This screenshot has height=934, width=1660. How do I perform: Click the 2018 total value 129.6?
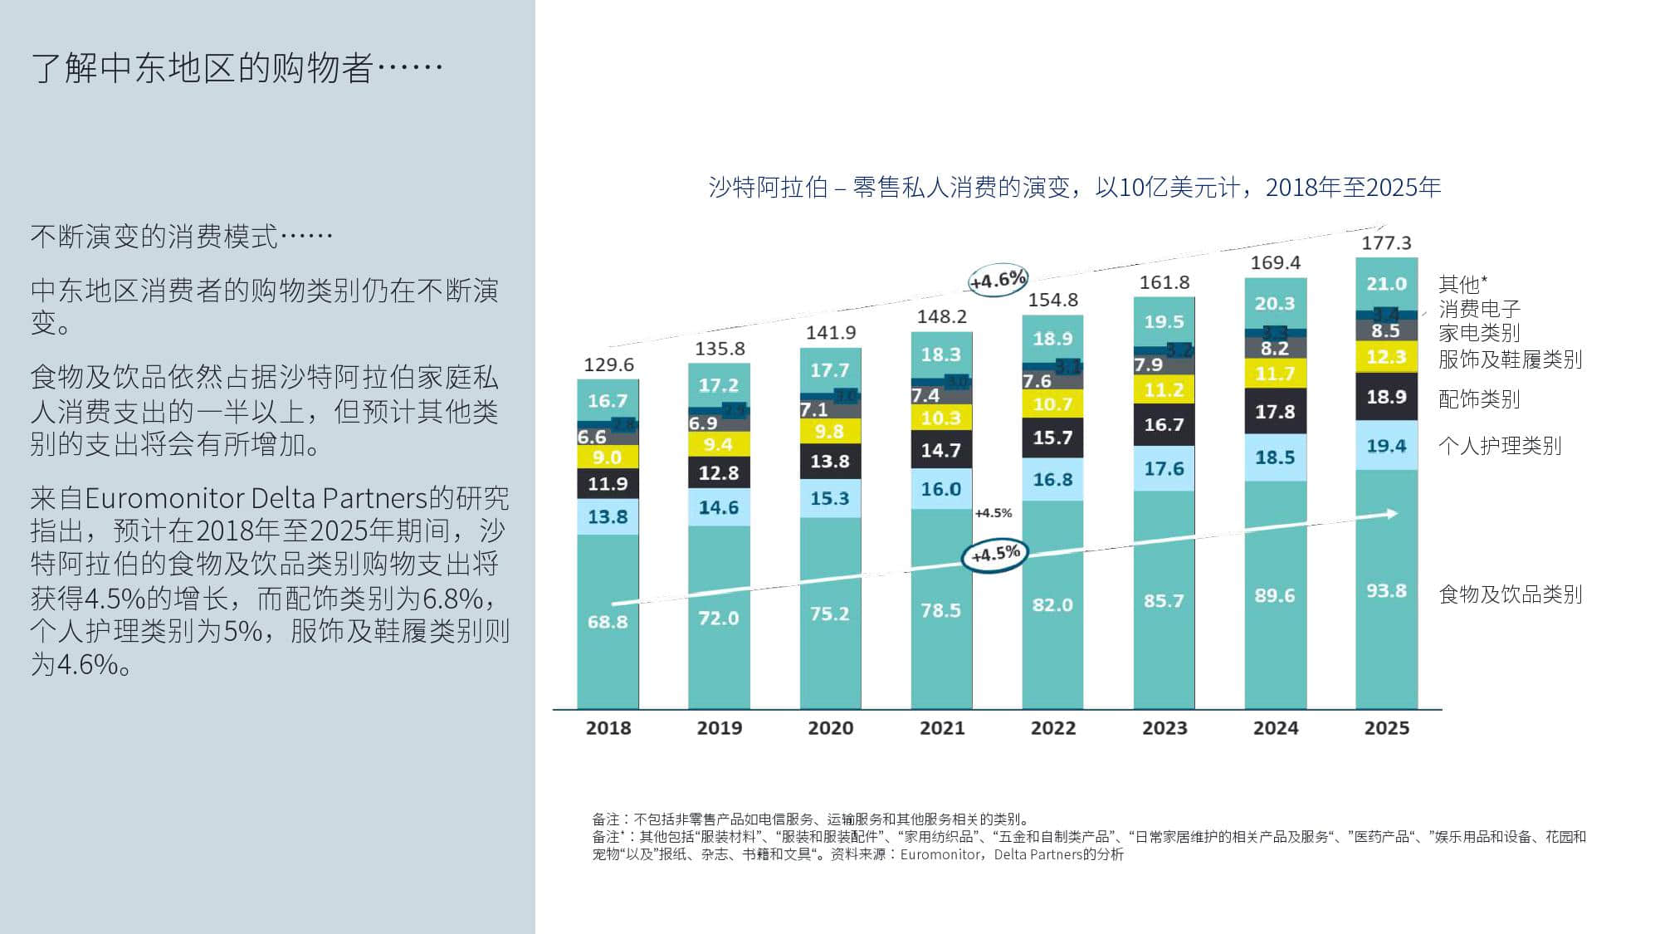coord(608,364)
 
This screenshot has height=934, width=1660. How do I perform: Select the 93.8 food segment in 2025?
coord(1386,591)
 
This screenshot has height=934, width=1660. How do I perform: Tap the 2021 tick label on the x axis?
coord(941,728)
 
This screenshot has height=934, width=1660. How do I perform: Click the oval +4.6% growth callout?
coord(998,279)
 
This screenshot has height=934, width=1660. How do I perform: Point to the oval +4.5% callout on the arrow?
coord(995,554)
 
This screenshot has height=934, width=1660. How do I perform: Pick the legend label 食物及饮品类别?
coord(1510,594)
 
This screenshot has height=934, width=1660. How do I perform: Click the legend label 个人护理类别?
coord(1499,446)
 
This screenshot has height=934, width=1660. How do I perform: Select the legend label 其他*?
coord(1462,284)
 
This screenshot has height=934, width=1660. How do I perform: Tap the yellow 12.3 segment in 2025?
coord(1386,357)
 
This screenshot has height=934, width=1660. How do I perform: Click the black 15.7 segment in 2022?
coord(1052,438)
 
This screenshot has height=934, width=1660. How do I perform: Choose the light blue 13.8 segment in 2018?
coord(608,516)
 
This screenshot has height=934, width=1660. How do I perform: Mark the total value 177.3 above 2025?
coord(1385,242)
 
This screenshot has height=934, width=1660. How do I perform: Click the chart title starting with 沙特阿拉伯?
coord(1074,188)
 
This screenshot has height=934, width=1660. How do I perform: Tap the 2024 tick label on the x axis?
coord(1275,728)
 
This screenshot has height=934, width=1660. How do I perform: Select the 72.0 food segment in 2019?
coord(718,618)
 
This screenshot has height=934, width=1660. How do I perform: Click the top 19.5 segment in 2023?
coord(1164,321)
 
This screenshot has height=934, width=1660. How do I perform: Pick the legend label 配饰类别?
coord(1478,399)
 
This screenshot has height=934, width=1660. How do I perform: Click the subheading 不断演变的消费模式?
coord(181,237)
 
